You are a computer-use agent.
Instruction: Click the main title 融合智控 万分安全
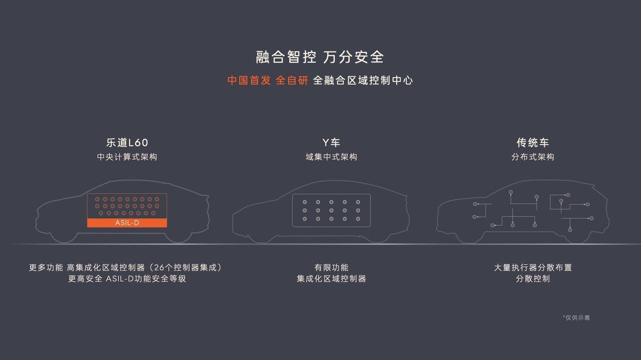[x=319, y=57]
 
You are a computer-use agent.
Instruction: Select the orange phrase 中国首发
[x=249, y=81]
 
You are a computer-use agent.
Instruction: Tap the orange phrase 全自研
[x=292, y=81]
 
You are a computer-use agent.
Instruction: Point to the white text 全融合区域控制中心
[x=363, y=81]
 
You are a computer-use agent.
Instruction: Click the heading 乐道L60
[x=127, y=143]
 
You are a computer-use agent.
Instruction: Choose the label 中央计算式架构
[x=127, y=157]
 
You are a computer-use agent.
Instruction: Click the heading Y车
[x=331, y=143]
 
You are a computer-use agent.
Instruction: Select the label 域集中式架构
[x=332, y=157]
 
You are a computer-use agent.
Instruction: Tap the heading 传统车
[x=533, y=143]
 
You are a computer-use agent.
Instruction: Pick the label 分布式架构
[x=533, y=157]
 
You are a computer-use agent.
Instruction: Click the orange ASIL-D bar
[x=127, y=223]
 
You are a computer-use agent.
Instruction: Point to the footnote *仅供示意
[x=576, y=317]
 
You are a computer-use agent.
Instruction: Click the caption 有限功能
[x=332, y=267]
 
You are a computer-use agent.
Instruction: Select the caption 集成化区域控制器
[x=332, y=279]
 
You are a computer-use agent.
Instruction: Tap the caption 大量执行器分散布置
[x=533, y=267]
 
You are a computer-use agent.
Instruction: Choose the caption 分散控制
[x=533, y=279]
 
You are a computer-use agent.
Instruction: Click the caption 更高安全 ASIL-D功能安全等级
[x=127, y=279]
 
